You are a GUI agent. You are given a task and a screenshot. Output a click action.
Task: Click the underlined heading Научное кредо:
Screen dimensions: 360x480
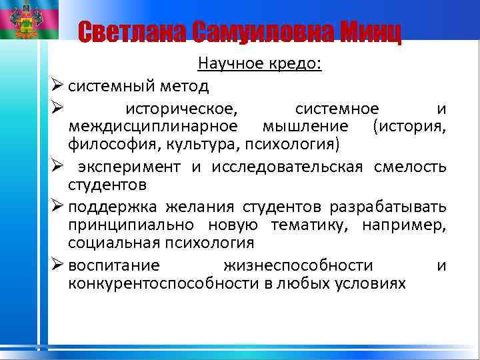259,64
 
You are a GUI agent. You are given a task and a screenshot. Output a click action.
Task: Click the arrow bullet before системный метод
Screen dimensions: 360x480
57,86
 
